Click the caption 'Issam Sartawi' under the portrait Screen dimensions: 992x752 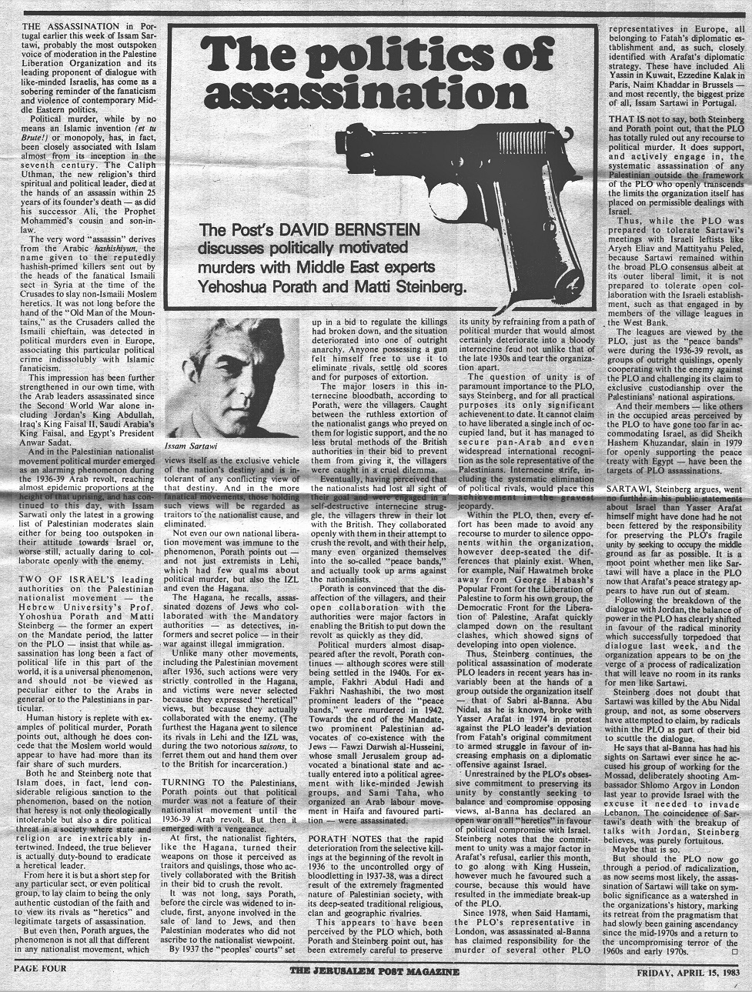pos(191,446)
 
